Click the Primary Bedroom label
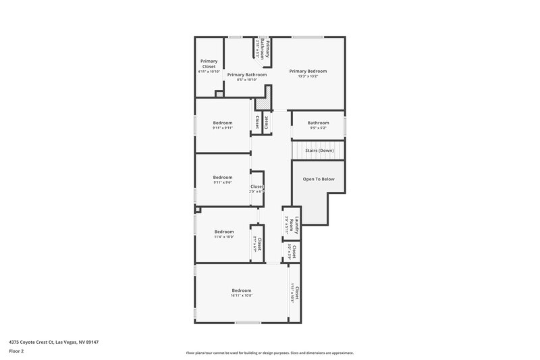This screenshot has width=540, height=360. [308, 71]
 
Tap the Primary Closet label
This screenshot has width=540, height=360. [209, 64]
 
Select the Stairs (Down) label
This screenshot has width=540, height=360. [319, 150]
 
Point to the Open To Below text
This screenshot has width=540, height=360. [319, 179]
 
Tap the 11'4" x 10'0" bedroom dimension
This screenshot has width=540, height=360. [223, 237]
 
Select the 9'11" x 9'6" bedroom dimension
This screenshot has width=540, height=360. [223, 182]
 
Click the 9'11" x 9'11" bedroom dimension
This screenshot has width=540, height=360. [223, 128]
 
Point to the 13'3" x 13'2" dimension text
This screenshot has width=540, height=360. [308, 76]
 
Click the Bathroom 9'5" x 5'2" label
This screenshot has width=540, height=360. [318, 125]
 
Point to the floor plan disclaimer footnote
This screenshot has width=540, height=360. [269, 353]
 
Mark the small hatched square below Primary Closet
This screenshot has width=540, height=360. [219, 94]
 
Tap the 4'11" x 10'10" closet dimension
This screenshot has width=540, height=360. [209, 72]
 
